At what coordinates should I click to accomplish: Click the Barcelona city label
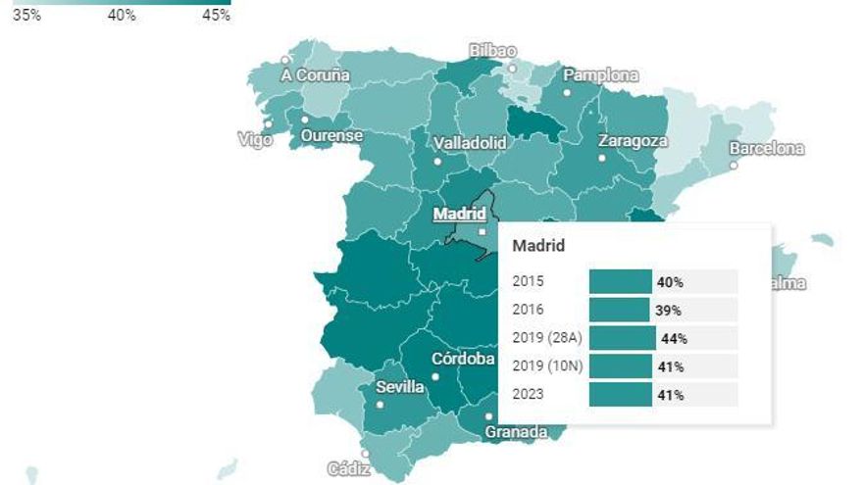(x=766, y=149)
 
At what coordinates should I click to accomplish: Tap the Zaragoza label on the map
(x=633, y=140)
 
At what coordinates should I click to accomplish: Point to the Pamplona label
(x=600, y=75)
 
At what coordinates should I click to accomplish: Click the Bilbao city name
(x=493, y=51)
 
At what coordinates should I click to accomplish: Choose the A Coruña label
(x=315, y=75)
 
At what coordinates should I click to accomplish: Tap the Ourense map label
(x=331, y=135)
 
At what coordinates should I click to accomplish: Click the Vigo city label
(x=255, y=139)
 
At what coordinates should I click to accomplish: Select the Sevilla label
(x=400, y=387)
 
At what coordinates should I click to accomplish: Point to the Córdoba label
(x=463, y=359)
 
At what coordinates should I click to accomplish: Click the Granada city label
(x=516, y=432)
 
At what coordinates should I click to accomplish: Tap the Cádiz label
(x=348, y=469)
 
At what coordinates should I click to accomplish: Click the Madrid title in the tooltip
(x=538, y=246)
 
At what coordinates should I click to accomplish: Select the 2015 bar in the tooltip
(x=620, y=282)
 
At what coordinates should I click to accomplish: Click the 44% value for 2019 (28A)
(x=674, y=339)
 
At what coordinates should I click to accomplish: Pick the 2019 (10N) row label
(x=545, y=366)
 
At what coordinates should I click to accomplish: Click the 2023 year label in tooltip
(x=528, y=395)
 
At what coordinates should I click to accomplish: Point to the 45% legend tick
(x=216, y=16)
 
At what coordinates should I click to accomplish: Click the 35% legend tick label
(x=26, y=16)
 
